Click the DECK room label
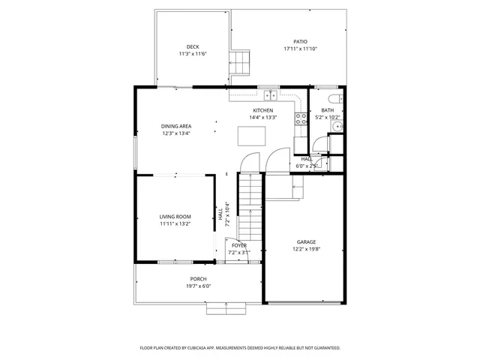tap(193, 46)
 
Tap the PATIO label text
tap(300, 42)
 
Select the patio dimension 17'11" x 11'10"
tap(300, 49)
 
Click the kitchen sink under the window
tap(269, 96)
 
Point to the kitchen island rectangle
tap(251, 135)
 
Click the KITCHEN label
tap(262, 110)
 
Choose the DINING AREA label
tap(176, 126)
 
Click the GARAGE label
tap(306, 242)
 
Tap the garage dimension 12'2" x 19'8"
tap(306, 250)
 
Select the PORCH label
tap(198, 279)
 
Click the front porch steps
tap(226, 307)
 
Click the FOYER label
tap(239, 245)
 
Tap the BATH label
tap(328, 110)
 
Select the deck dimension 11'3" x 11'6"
tap(193, 54)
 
